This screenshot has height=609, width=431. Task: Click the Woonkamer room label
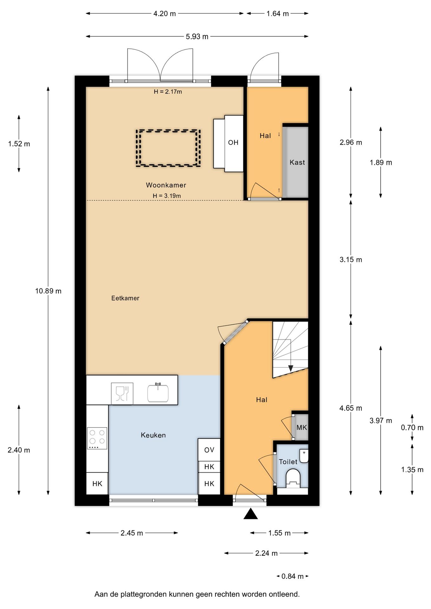point(166,185)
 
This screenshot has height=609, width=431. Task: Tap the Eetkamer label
point(125,298)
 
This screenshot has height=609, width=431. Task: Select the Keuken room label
point(153,435)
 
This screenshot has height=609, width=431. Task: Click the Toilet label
point(288,462)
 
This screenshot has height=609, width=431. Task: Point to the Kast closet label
point(297,162)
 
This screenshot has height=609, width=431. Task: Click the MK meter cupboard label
point(302,428)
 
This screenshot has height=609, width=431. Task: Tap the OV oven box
point(209,450)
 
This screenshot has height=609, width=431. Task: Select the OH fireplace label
point(233,143)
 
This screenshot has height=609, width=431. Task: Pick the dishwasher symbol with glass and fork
point(122,394)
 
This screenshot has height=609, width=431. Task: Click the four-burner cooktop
point(97,438)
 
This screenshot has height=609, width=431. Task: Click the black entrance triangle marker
point(251,514)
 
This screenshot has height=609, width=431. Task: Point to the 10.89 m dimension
point(48,291)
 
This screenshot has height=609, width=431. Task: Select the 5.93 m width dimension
point(197,36)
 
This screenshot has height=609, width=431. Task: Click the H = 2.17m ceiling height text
point(168,92)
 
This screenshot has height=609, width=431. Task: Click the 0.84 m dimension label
point(293,576)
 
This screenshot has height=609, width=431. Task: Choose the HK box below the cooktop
point(97,484)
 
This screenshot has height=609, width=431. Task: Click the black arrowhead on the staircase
point(291,368)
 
